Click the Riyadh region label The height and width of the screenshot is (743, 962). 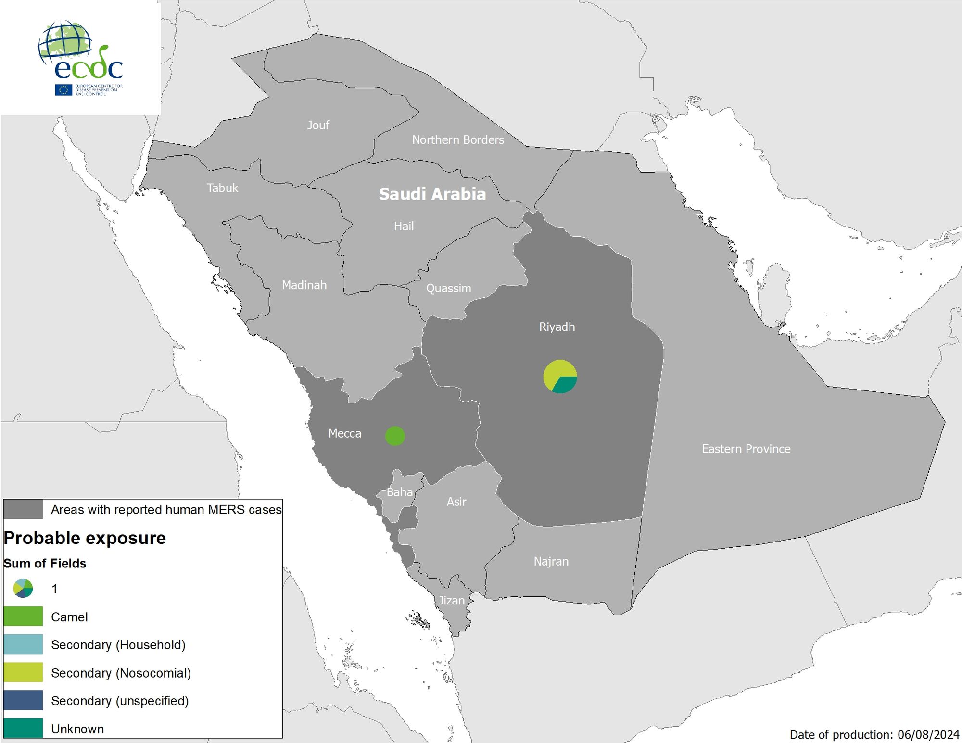pos(557,327)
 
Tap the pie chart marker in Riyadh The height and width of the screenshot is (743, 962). pos(560,377)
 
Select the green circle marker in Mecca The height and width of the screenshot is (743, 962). pos(395,436)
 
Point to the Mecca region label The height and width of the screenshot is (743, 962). pos(344,434)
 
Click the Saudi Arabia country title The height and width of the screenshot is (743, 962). pos(432,194)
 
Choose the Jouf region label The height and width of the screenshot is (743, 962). pos(318,125)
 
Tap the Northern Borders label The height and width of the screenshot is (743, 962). pos(458,140)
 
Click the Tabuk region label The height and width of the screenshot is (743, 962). pos(222,188)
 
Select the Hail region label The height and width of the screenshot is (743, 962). pos(404,226)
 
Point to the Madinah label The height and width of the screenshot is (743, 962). pos(304,285)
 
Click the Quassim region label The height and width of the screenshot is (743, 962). pos(448,289)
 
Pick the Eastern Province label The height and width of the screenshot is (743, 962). pos(746,449)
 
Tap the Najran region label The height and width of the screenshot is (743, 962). pos(551,562)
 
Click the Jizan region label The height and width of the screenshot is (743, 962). pos(451,601)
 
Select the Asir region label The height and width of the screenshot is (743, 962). pos(456,502)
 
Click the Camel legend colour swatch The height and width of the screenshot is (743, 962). pos(23,617)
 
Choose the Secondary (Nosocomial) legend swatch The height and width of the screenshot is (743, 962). pos(23,673)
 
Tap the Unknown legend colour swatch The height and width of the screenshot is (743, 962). pos(23,728)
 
